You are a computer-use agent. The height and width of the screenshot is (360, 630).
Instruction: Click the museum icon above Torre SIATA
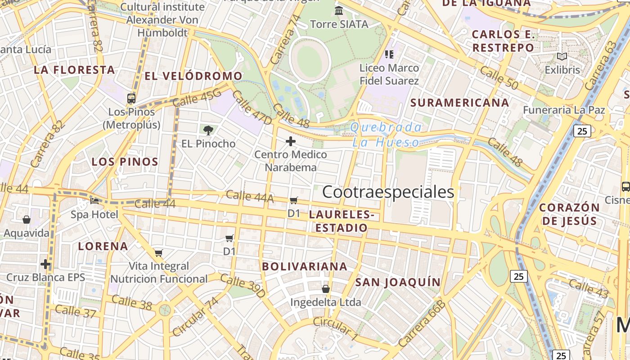[339, 10]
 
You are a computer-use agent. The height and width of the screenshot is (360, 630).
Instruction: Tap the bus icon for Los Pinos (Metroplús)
[131, 98]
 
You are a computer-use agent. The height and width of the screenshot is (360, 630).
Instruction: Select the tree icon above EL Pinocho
[208, 130]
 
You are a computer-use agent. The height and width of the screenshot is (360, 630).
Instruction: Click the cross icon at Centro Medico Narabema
[291, 141]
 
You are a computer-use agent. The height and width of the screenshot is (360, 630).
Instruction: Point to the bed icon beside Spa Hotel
[94, 201]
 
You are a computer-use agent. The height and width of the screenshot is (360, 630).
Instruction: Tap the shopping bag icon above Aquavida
[27, 220]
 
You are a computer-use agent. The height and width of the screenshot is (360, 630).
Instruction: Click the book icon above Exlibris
[562, 57]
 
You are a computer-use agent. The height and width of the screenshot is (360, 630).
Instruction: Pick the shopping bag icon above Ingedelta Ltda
[326, 288]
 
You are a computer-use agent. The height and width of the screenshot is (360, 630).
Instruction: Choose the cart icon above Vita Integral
[158, 253]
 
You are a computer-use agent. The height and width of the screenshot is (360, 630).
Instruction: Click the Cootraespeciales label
[388, 192]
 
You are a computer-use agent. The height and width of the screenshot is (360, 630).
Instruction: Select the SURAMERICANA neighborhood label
[459, 103]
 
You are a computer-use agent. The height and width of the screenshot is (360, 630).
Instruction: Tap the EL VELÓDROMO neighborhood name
[193, 76]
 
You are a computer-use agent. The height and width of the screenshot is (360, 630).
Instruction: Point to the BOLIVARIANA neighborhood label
[305, 266]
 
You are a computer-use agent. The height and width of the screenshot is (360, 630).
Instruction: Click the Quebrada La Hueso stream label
[386, 135]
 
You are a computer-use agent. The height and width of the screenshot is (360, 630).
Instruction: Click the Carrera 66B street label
[422, 324]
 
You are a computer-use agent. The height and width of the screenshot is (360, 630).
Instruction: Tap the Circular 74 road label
[195, 316]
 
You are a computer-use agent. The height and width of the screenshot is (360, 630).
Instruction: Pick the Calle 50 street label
[499, 77]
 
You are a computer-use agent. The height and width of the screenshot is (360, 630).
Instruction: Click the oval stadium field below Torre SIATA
[310, 60]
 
